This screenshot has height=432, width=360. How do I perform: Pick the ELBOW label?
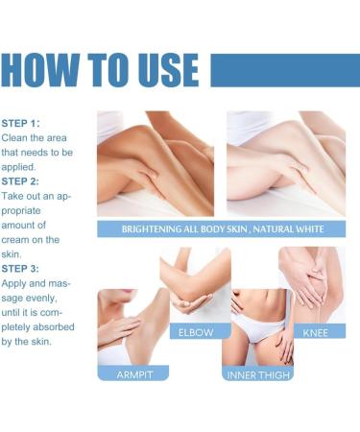(x=195, y=331)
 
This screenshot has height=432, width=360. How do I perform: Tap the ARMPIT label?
(x=132, y=373)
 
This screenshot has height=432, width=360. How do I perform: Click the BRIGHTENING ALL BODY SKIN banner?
(x=221, y=229)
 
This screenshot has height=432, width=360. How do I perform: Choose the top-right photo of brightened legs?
(x=285, y=164)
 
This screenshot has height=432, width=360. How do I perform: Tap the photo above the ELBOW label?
(x=195, y=284)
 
